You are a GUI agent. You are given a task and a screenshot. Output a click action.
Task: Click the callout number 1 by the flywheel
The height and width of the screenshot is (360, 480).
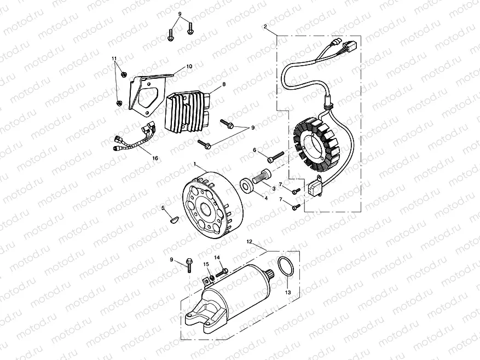pos(194,164)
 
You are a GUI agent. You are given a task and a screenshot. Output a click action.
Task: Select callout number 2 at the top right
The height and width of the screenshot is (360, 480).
pos(265,26)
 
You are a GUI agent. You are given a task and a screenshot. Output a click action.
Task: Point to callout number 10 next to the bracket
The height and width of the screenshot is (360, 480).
pos(189,66)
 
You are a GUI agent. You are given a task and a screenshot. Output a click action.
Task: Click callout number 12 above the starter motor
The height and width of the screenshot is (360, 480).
pos(248,241)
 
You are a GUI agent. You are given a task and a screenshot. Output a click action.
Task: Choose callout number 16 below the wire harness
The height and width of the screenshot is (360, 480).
pos(155,158)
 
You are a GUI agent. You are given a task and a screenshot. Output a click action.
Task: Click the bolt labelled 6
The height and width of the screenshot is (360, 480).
pos(274,156)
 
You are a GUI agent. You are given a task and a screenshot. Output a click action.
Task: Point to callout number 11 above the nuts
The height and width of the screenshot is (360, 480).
pos(114,59)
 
